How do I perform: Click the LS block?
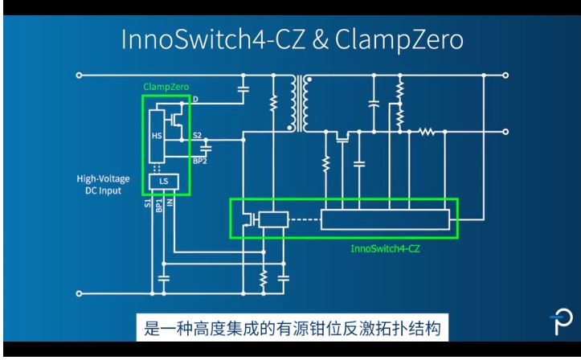[165, 182]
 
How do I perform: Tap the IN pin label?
[170, 206]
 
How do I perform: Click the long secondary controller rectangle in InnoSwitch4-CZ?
[384, 218]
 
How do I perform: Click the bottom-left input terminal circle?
[79, 294]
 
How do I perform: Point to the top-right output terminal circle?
[506, 76]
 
